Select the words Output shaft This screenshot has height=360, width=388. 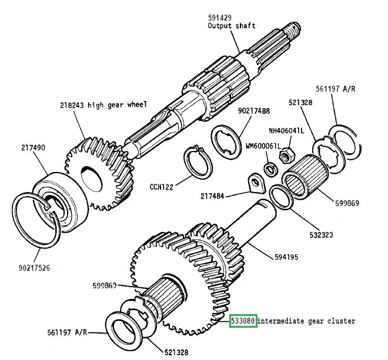pyautogui.click(x=230, y=27)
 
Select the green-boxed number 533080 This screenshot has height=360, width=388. pyautogui.click(x=243, y=321)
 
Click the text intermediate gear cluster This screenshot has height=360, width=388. pyautogui.click(x=306, y=321)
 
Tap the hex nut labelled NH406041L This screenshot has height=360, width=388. pyautogui.click(x=287, y=154)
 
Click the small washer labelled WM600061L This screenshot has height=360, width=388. pyautogui.click(x=272, y=170)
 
